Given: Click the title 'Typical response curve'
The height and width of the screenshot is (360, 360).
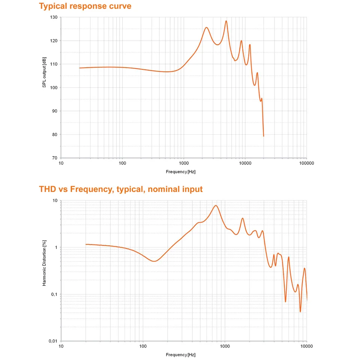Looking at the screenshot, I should (x=85, y=6).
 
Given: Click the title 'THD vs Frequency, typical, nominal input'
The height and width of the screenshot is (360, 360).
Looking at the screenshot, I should (x=121, y=189).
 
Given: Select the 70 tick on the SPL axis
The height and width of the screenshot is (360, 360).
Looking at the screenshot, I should (x=55, y=158).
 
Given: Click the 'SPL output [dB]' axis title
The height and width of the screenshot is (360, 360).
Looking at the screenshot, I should (x=44, y=73).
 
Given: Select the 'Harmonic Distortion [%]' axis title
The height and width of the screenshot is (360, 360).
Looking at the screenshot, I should (x=44, y=263).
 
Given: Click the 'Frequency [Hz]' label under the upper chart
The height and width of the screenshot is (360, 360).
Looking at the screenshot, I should (x=181, y=172).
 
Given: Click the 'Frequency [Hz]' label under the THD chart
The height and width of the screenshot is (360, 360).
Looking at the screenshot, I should (x=181, y=355).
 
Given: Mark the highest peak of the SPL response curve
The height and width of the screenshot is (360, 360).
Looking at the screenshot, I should (x=226, y=21).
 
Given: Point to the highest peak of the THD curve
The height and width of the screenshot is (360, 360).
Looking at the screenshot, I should (x=216, y=205).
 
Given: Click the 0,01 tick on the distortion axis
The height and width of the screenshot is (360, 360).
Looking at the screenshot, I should (x=52, y=341).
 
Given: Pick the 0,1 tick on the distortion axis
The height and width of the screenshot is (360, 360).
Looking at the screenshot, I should (x=54, y=294).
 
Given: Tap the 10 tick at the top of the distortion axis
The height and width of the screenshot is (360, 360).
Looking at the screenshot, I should (x=55, y=201).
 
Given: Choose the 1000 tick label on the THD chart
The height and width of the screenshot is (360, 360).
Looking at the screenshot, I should (x=225, y=346).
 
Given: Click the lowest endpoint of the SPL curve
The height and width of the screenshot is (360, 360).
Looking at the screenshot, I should (x=264, y=136).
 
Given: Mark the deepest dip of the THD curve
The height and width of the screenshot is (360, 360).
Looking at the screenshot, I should (x=300, y=312).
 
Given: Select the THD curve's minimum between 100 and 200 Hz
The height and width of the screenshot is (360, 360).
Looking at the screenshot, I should (x=154, y=261).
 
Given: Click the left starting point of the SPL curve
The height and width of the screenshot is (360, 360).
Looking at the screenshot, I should (x=79, y=68).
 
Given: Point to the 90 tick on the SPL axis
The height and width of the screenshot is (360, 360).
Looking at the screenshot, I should (x=55, y=111).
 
